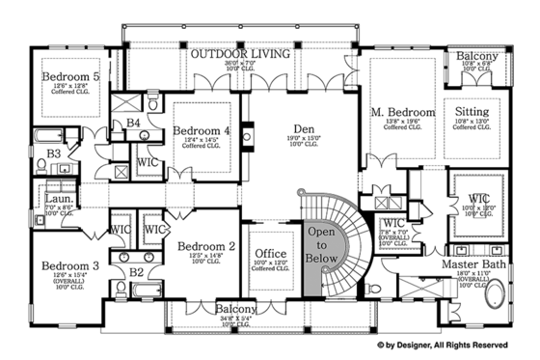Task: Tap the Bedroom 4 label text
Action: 201,131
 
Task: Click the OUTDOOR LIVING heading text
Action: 239,54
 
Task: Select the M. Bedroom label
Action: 402,113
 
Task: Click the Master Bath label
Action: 472,263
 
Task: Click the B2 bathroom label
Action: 136,273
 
